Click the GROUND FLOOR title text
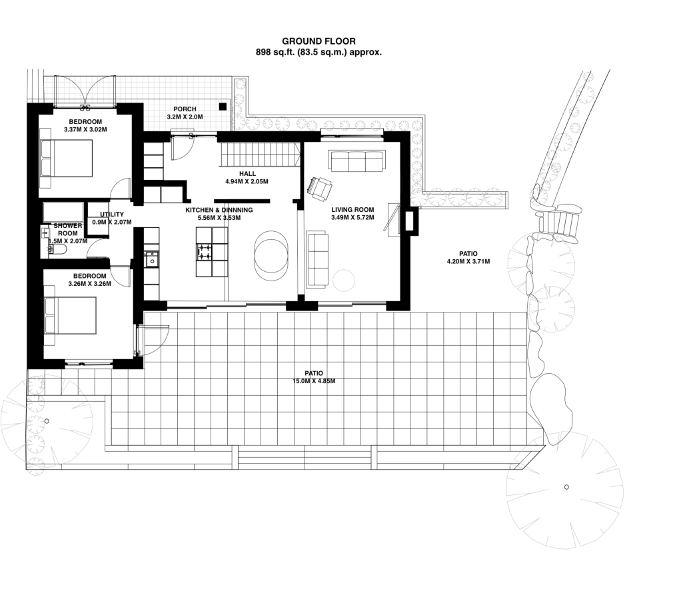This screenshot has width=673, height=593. click(x=319, y=41)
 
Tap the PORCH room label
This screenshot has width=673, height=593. click(x=184, y=109)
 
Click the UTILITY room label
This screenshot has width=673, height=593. click(x=111, y=214)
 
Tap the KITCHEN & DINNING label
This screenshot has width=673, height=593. click(x=219, y=209)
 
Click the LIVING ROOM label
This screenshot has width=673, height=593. click(x=352, y=209)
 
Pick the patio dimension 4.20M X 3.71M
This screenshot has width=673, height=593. click(x=468, y=261)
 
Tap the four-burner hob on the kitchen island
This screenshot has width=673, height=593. click(x=203, y=252)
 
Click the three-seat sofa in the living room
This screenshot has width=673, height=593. click(x=357, y=161)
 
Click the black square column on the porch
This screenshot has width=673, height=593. click(x=223, y=105)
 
